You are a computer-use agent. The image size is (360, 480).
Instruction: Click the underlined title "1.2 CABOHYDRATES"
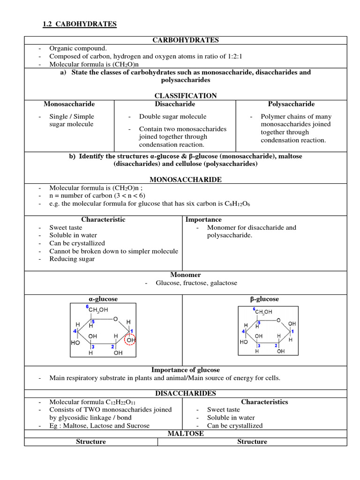79,24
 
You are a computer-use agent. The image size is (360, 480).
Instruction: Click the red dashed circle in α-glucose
130,339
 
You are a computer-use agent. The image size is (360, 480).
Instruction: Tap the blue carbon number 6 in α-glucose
87,307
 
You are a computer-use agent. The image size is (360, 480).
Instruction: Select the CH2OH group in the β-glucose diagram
263,312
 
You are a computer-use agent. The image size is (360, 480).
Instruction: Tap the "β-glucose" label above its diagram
264,299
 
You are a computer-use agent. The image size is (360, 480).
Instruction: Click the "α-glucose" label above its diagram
103,299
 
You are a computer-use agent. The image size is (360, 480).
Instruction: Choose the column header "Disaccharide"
175,104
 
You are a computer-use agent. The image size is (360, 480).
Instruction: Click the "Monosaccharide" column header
69,104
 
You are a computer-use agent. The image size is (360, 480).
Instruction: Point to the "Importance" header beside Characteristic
203,219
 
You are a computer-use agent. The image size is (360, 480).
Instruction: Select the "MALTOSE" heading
186,434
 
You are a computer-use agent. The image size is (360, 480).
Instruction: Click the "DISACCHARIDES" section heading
186,393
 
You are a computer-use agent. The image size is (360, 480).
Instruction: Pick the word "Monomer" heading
186,275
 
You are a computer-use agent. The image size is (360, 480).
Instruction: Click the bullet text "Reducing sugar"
72,259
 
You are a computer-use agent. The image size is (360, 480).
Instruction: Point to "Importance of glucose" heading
186,370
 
